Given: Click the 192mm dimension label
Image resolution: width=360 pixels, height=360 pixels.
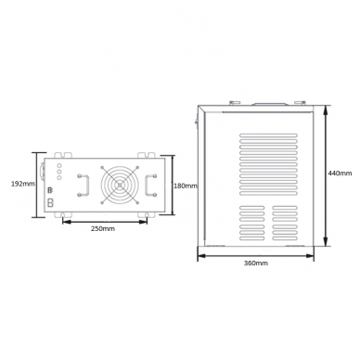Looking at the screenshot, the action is tap(23, 184).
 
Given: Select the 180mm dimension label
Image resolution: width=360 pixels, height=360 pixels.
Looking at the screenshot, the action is tap(186, 186).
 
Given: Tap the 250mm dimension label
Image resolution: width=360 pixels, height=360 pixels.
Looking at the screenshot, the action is tap(103, 229).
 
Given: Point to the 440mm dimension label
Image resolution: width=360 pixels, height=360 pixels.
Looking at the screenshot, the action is tap(340, 174).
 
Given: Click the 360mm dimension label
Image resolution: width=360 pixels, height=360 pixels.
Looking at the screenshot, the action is tap(256, 264).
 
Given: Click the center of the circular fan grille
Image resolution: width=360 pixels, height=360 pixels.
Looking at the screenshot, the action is tap(120, 186).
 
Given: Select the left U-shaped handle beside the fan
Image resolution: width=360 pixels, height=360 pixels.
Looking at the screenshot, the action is tap(84, 186).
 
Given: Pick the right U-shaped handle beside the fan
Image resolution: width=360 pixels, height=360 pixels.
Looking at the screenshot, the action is tap(150, 186).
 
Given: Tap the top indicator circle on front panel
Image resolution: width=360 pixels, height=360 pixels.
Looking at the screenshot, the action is tap(59, 166).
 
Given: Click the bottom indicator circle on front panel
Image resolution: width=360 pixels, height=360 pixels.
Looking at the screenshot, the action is tap(59, 177).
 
